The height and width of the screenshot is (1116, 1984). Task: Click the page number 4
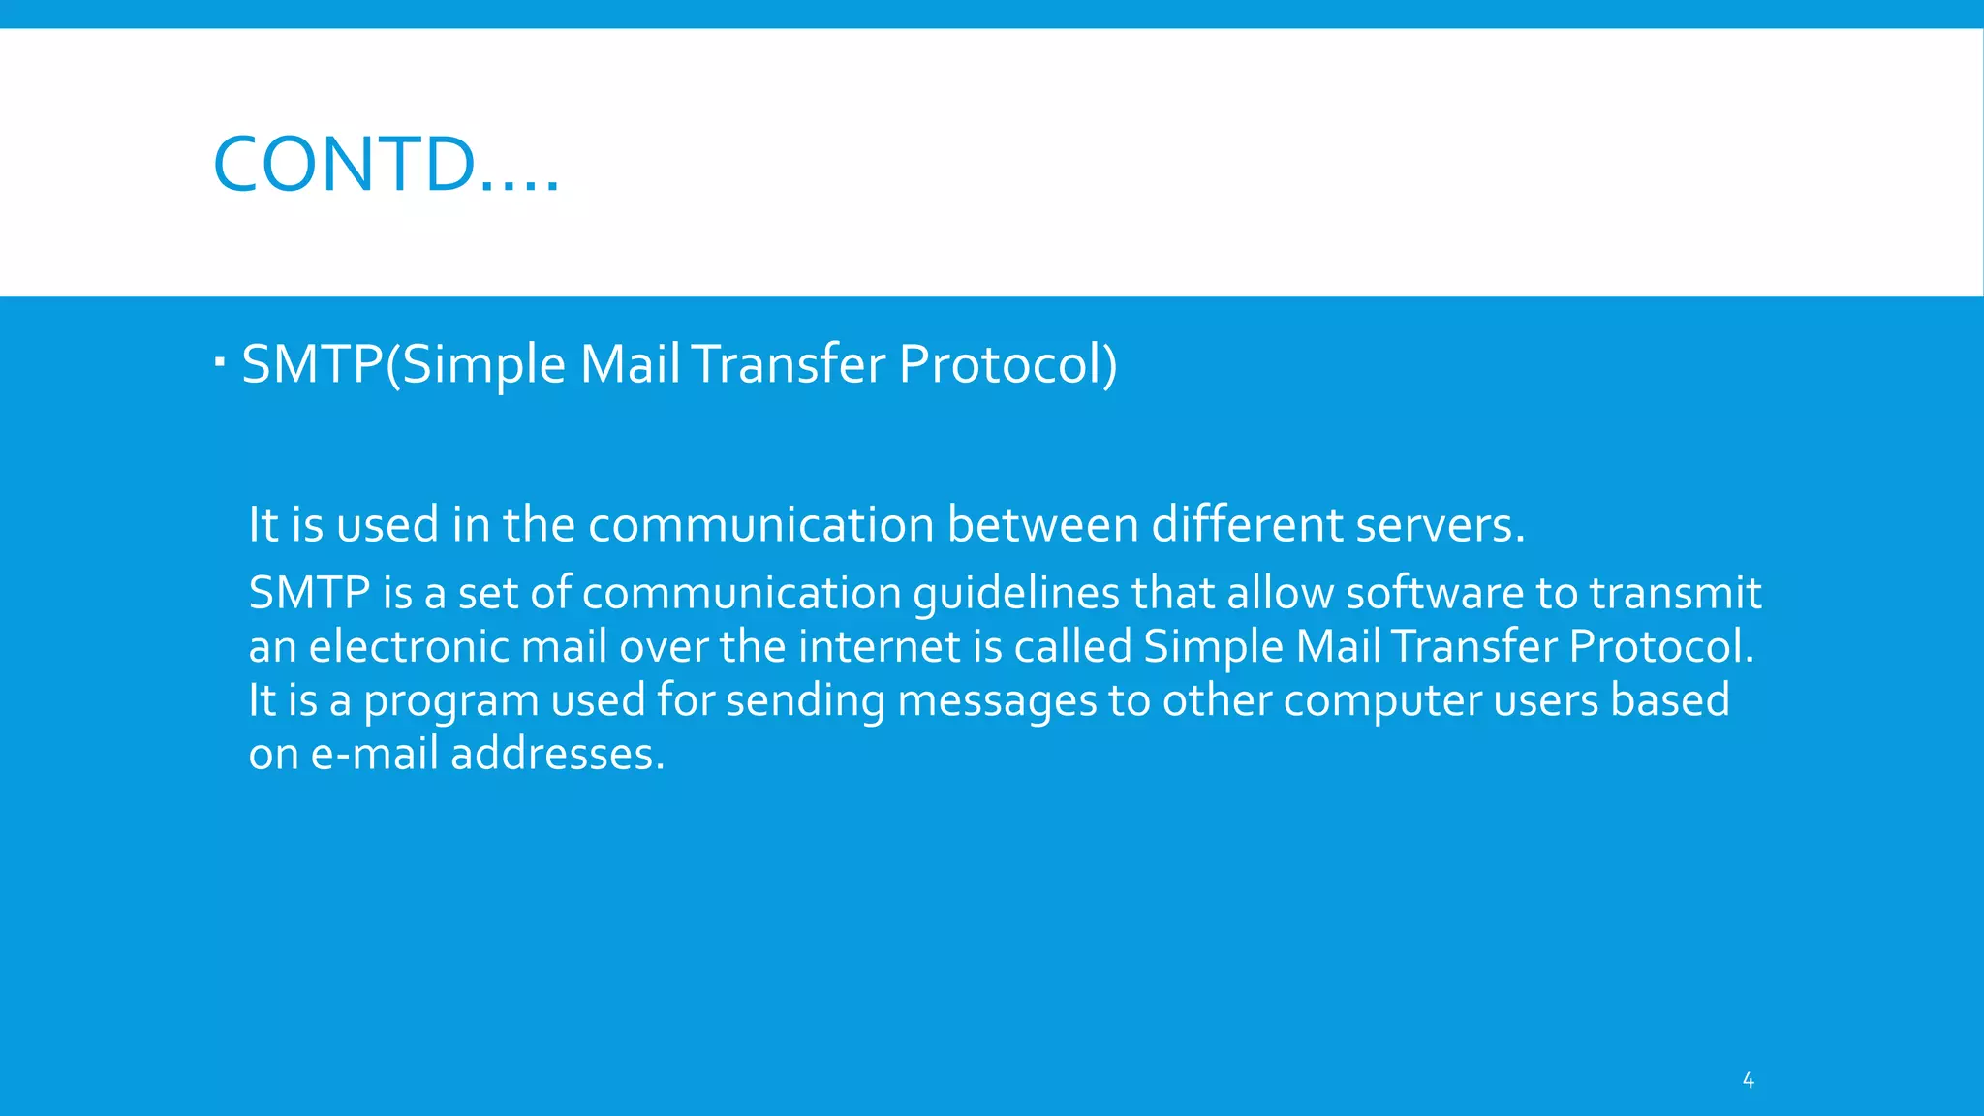(x=1748, y=1080)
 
